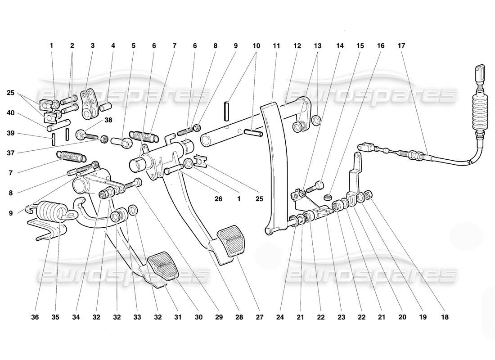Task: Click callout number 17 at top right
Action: point(401,45)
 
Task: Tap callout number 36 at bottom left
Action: point(35,317)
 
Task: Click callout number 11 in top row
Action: point(276,45)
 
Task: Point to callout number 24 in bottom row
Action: point(280,317)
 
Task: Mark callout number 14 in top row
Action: point(339,45)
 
